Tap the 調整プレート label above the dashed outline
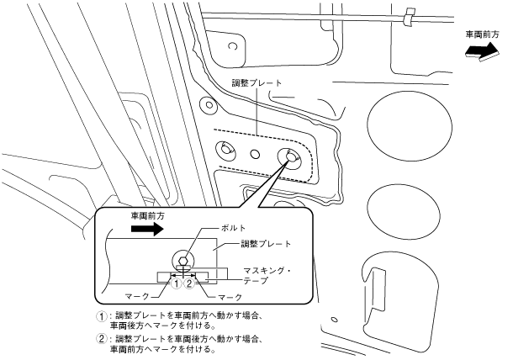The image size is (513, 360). tap(257, 84)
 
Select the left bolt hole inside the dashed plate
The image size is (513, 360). tap(226, 150)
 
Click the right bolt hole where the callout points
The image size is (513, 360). tap(290, 157)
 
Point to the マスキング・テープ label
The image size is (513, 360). tap(267, 274)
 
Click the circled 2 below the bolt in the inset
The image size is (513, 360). tap(190, 284)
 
